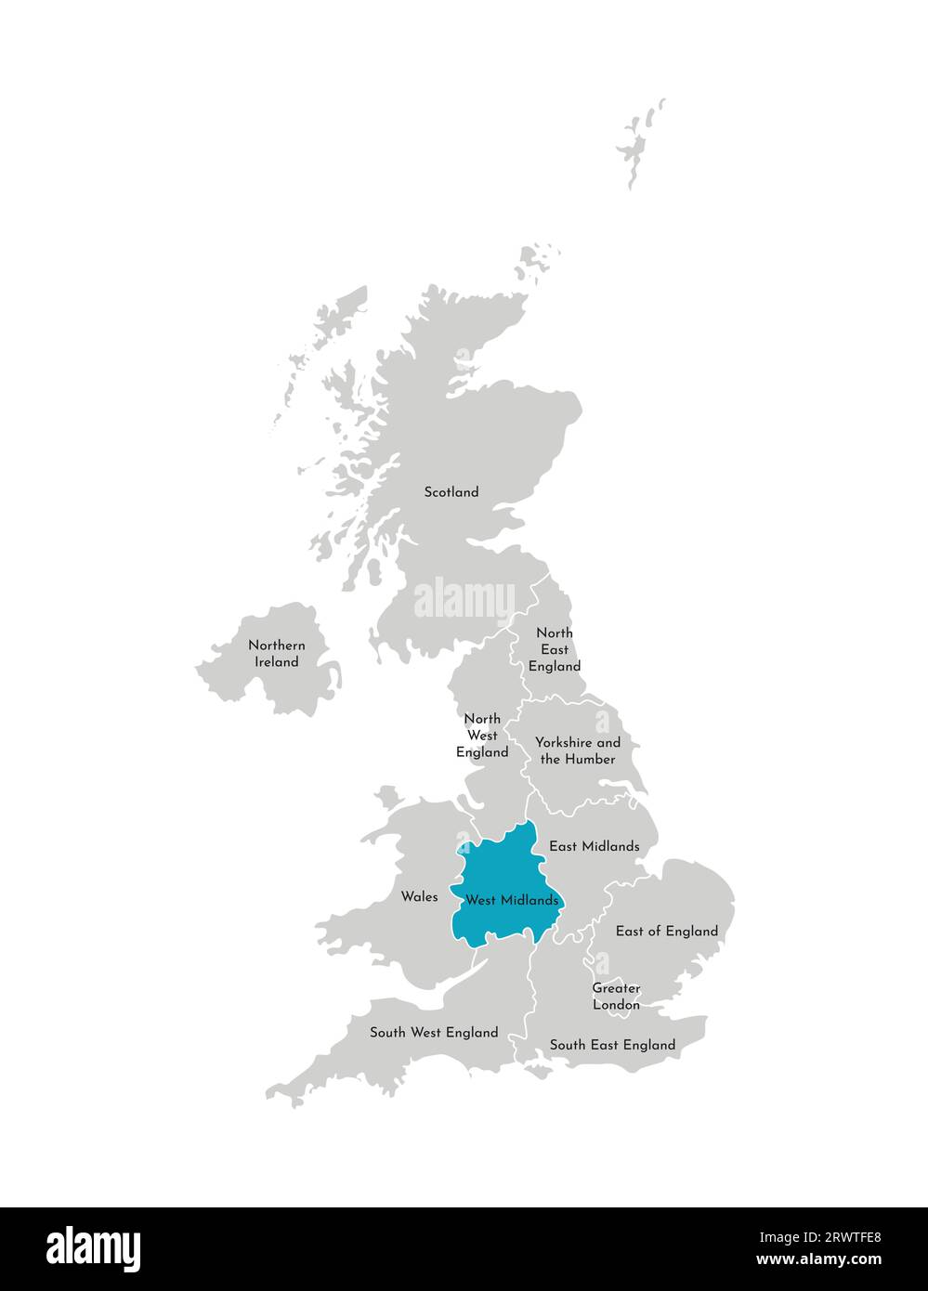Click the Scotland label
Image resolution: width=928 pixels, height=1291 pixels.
(x=451, y=492)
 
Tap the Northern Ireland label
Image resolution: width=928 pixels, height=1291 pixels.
(x=277, y=654)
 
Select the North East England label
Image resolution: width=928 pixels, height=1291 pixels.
(x=555, y=649)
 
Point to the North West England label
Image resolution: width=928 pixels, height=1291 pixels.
(x=482, y=736)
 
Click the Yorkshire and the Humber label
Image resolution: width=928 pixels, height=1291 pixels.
(x=578, y=751)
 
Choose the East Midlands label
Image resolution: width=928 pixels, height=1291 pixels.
(x=595, y=846)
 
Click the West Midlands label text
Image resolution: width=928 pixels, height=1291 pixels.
(x=512, y=900)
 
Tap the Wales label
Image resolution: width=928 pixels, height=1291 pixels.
(x=419, y=897)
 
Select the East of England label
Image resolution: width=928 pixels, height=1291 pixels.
(x=667, y=931)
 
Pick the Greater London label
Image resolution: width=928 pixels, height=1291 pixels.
(x=617, y=997)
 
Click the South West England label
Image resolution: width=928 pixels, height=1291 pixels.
(x=434, y=1032)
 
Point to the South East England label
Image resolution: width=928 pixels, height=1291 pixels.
(x=612, y=1045)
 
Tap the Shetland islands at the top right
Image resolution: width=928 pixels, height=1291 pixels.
(x=639, y=144)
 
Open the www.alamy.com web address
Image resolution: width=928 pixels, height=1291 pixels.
(x=818, y=1260)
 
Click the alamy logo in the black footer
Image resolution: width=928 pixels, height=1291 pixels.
(x=94, y=1249)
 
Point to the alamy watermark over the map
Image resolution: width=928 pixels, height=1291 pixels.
(x=464, y=599)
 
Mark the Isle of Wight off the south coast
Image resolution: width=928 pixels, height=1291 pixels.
(x=538, y=1071)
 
